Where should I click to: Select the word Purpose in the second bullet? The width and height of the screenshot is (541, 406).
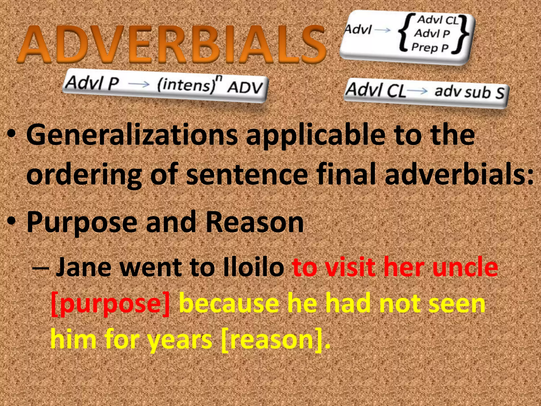[x=82, y=223]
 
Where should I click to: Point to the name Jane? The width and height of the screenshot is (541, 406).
[x=83, y=267]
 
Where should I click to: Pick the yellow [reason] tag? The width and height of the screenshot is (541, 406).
[x=272, y=340]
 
